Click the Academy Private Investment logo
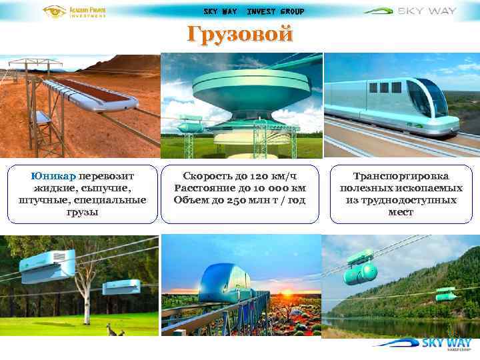(74, 11)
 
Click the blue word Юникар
(53, 176)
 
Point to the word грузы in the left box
(83, 212)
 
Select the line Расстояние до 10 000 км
(239, 188)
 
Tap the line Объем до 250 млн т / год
(239, 200)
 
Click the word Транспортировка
(401, 176)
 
